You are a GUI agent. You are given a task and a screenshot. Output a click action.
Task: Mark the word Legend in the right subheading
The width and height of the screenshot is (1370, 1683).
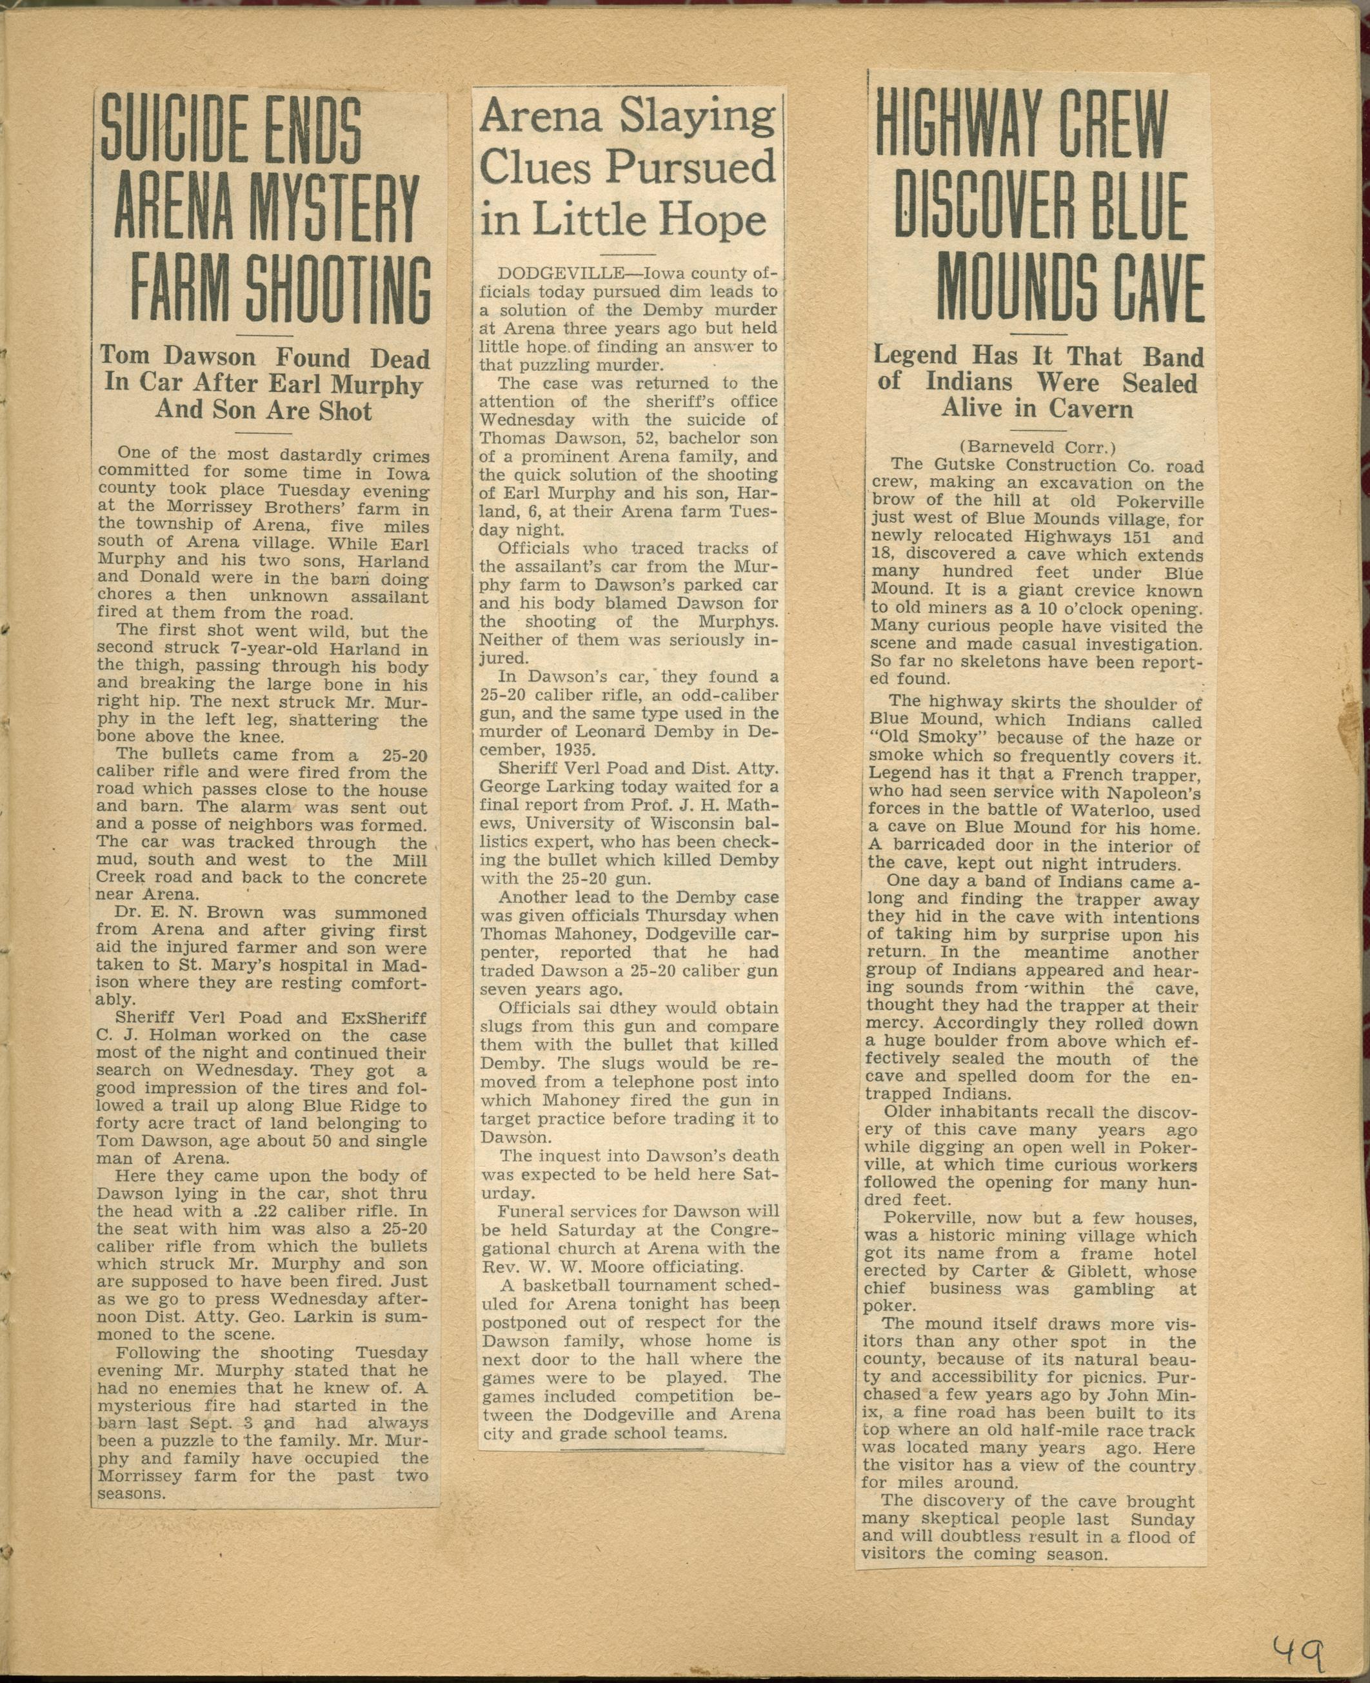pos(914,355)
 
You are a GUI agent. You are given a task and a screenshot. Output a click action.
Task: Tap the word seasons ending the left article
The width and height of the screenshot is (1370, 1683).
pos(131,1493)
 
